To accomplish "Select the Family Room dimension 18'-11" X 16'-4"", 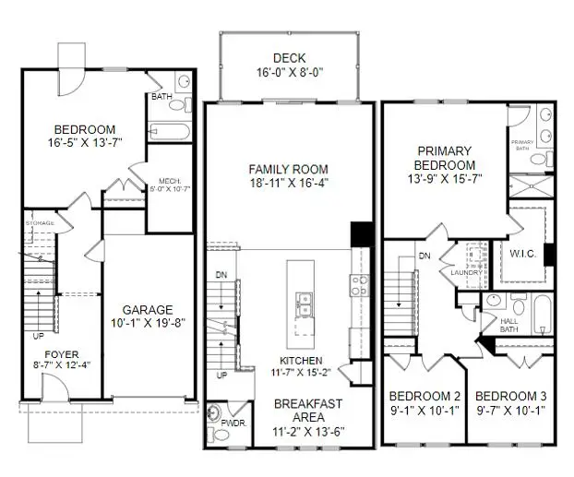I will (289, 183).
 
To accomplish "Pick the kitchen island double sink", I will (303, 302).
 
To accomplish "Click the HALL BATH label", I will (508, 324).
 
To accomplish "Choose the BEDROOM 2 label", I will (423, 396).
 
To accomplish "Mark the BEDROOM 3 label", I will (510, 396).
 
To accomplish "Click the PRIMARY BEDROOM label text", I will (445, 158).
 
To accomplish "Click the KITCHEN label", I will (288, 360).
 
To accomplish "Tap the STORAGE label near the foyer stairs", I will (40, 223).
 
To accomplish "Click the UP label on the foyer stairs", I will (39, 336).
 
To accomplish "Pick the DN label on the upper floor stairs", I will (425, 256).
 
